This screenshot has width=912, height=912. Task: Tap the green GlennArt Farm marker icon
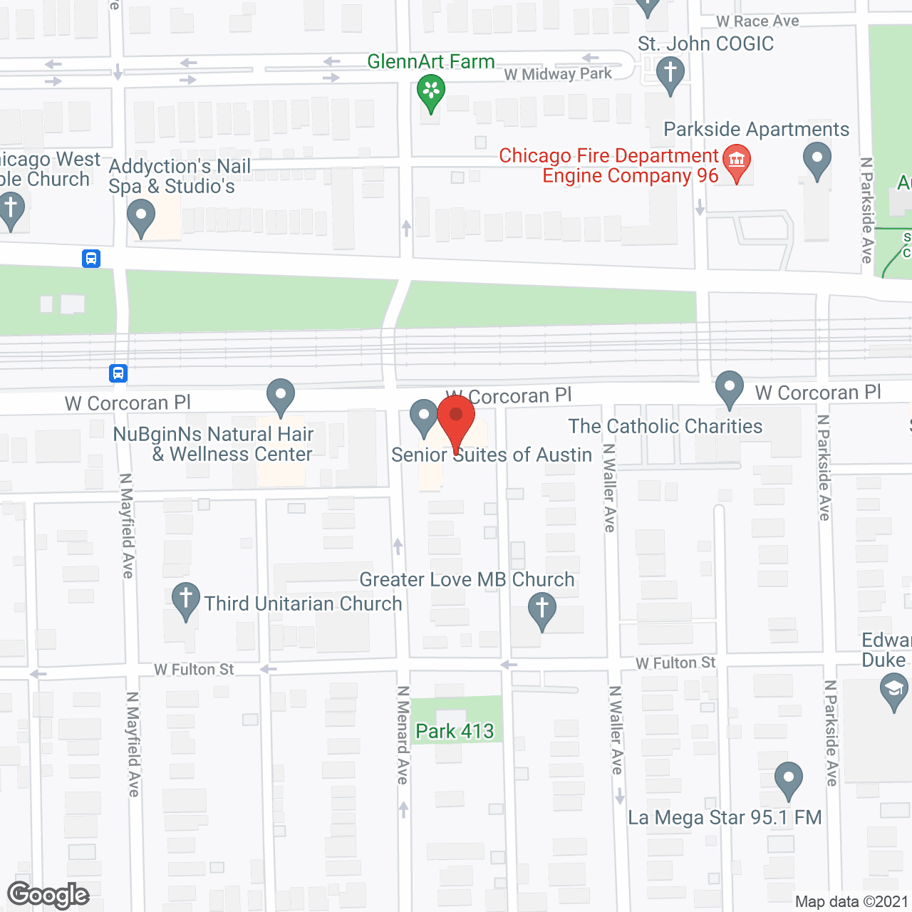[431, 92]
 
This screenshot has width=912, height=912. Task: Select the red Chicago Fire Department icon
[737, 161]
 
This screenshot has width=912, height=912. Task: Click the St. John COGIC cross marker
[670, 73]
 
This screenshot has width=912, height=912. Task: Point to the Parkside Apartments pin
[817, 159]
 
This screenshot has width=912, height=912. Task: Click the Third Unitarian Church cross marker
[185, 598]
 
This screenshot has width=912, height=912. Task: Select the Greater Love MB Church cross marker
[541, 609]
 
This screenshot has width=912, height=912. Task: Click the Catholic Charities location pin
[729, 387]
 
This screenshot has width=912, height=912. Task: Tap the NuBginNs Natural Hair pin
[281, 394]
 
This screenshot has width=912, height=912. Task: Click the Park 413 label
[455, 731]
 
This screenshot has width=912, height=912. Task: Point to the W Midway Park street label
[558, 74]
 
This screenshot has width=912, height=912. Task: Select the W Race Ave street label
[757, 21]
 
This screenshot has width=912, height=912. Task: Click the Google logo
[48, 895]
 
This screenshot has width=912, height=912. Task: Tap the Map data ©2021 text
[851, 902]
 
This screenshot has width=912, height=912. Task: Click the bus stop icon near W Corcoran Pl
[118, 373]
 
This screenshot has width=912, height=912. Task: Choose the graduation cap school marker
[893, 690]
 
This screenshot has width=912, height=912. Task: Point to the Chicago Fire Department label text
[608, 165]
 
